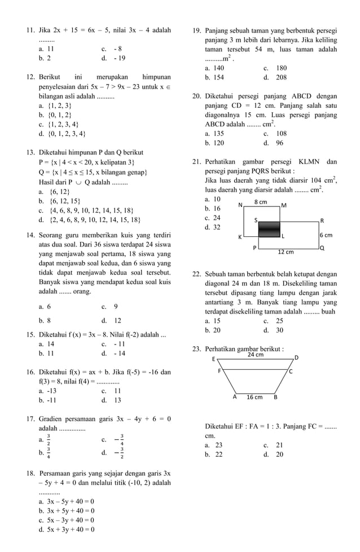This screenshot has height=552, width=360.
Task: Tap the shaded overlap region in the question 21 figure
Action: tap(269, 228)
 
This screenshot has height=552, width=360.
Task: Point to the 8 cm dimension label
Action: tap(260, 202)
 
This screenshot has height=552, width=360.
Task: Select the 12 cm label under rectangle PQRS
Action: tap(286, 252)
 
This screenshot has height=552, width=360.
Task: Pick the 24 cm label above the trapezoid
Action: tap(256, 355)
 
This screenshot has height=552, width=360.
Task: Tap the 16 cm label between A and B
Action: tap(254, 397)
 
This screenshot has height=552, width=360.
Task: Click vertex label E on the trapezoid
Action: tap(213, 359)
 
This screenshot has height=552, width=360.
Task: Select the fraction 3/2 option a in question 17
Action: tap(48, 439)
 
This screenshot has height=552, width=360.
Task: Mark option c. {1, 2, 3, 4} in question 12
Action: tap(59, 124)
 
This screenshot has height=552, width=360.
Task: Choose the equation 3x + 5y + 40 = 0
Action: tap(67, 510)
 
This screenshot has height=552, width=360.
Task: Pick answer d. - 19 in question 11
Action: tap(113, 58)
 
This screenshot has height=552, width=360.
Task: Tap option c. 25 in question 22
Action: tap(273, 320)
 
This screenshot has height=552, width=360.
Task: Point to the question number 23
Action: tap(197, 349)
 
